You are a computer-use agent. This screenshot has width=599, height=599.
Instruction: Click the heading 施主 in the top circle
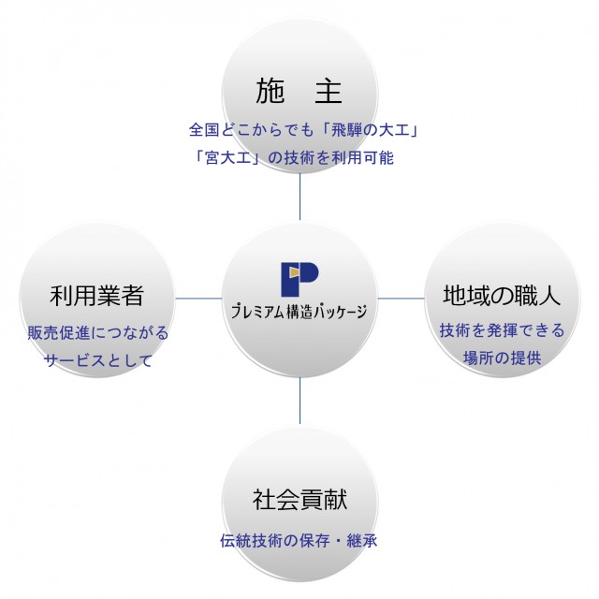(x=299, y=91)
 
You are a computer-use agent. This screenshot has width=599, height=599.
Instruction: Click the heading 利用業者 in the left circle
(x=96, y=297)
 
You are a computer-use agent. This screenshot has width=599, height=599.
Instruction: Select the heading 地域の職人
(x=502, y=297)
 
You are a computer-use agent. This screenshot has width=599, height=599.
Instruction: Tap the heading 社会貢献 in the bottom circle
(x=299, y=499)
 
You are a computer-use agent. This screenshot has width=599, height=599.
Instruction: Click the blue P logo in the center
(x=299, y=278)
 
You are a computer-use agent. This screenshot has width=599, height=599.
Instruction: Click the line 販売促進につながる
(x=97, y=332)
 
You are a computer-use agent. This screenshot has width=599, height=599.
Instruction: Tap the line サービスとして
(x=97, y=360)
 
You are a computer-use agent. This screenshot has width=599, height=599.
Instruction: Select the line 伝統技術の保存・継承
(x=299, y=541)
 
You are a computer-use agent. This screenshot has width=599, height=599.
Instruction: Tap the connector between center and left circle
(x=199, y=299)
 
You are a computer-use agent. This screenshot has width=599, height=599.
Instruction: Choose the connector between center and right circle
(x=401, y=299)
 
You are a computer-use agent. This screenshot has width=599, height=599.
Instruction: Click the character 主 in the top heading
(x=329, y=91)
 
